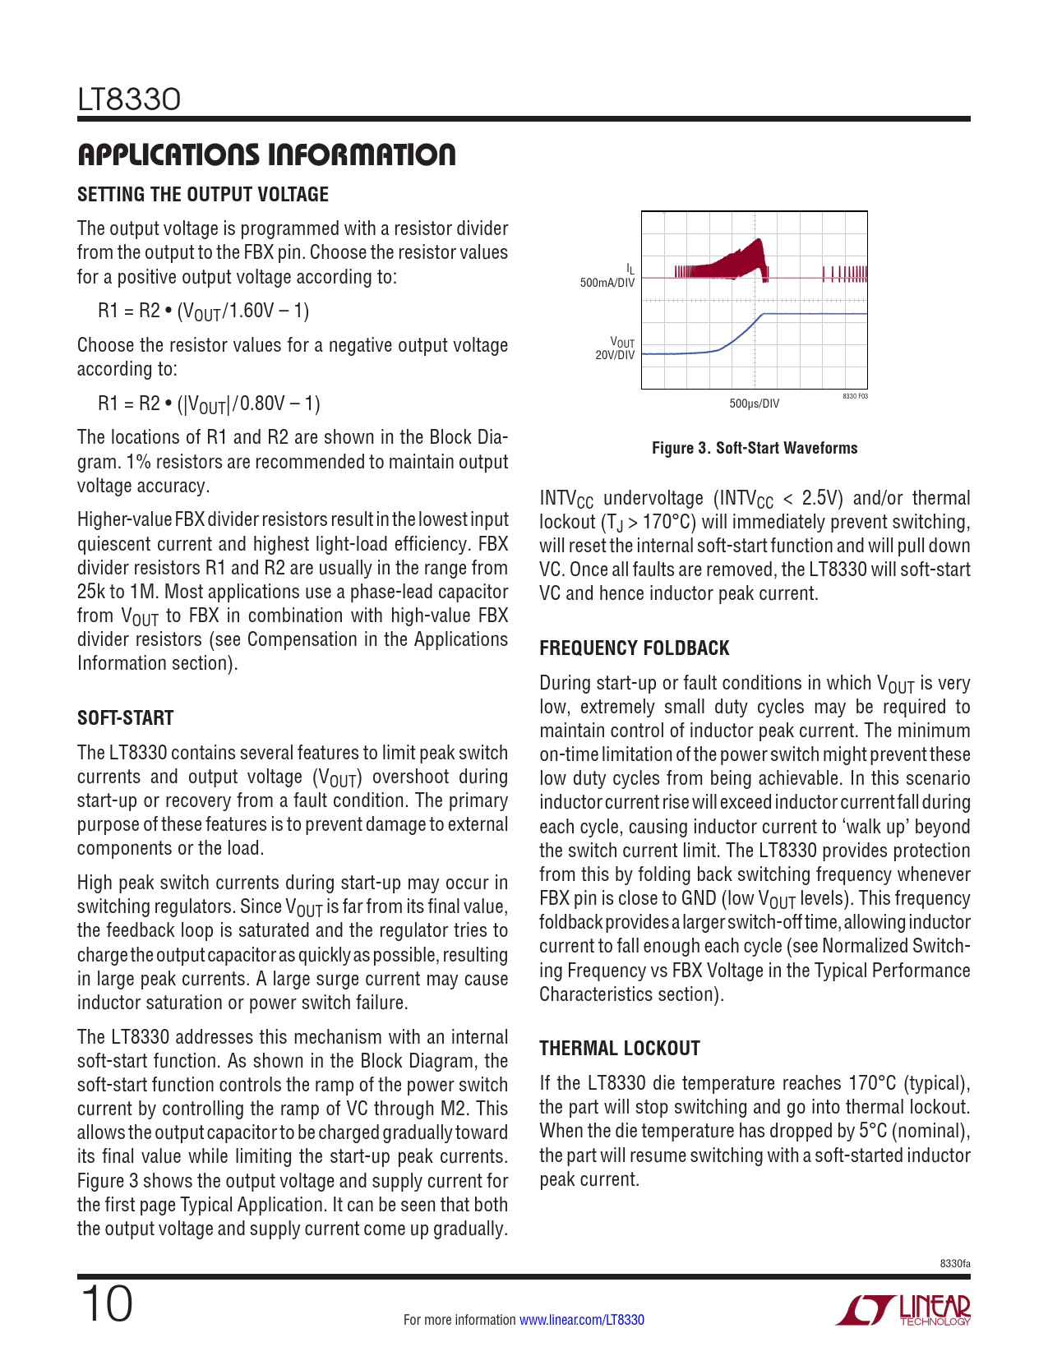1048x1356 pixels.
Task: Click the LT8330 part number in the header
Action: (129, 100)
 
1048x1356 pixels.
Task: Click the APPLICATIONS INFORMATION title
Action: (266, 155)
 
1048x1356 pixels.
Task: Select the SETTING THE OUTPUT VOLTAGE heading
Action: (203, 195)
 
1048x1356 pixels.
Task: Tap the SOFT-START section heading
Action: (126, 718)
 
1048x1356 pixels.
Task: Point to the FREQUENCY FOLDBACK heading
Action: (634, 648)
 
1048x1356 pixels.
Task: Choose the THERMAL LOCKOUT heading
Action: (620, 1049)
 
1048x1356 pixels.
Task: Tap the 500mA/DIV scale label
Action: (607, 283)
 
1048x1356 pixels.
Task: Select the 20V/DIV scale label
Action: (615, 356)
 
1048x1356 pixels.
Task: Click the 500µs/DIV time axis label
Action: (754, 404)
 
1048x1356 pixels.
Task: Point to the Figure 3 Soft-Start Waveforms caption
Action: (754, 448)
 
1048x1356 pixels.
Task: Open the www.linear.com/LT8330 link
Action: (582, 1320)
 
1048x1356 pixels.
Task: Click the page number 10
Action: (106, 1304)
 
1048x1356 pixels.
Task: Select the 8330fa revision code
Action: (955, 1263)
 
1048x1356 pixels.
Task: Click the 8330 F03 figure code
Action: (855, 396)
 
